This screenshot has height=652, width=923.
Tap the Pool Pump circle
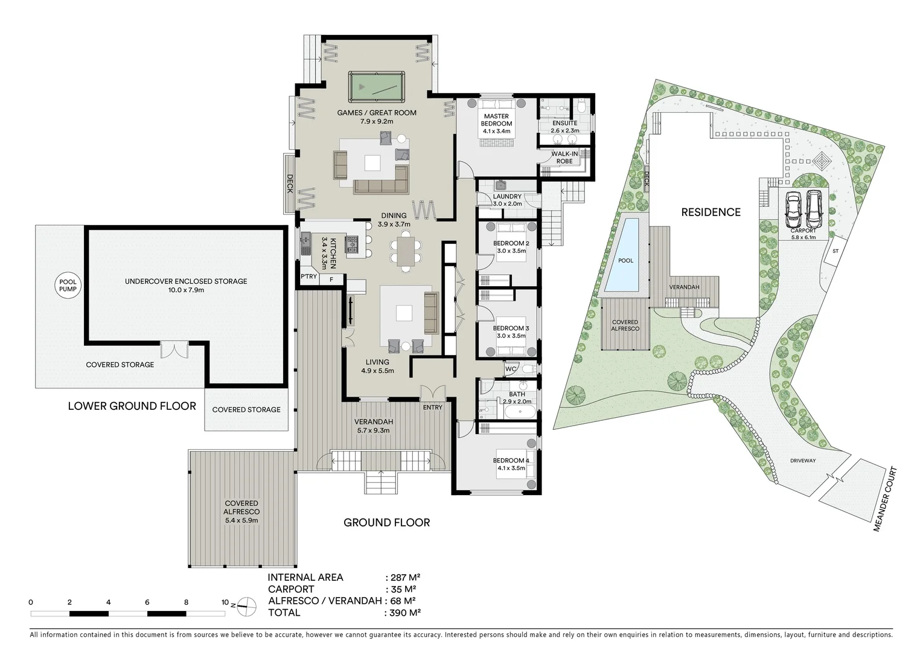pyautogui.click(x=68, y=286)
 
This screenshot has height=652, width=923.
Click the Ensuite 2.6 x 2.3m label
pyautogui.click(x=564, y=127)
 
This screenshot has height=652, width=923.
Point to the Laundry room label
pyautogui.click(x=506, y=200)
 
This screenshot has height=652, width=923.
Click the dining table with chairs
pyautogui.click(x=406, y=251)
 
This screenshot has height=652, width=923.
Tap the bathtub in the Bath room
pyautogui.click(x=519, y=412)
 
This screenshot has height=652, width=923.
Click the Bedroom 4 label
pyautogui.click(x=511, y=464)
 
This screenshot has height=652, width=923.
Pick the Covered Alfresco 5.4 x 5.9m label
pyautogui.click(x=241, y=511)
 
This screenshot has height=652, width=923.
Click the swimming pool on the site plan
pyautogui.click(x=626, y=254)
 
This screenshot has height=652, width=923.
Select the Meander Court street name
pyautogui.click(x=886, y=499)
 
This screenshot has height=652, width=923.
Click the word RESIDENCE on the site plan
pyautogui.click(x=711, y=212)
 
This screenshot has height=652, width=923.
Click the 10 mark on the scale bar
pyautogui.click(x=225, y=602)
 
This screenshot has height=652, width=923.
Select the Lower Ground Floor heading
pyautogui.click(x=132, y=406)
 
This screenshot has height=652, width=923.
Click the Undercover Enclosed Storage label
pyautogui.click(x=186, y=285)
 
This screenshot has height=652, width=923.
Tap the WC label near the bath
pyautogui.click(x=510, y=368)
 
